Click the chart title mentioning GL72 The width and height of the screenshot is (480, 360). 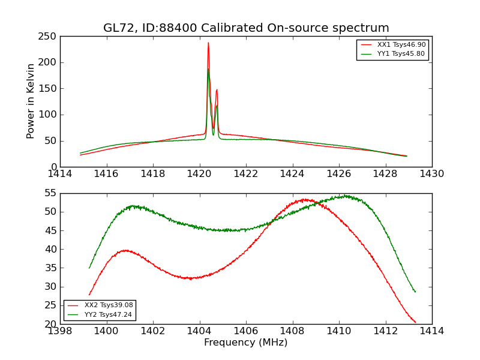(246, 28)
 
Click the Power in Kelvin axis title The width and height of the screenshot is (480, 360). (31, 101)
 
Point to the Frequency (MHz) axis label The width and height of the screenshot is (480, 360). (246, 343)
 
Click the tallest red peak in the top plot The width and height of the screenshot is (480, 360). (208, 43)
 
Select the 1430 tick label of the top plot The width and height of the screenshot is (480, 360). (432, 174)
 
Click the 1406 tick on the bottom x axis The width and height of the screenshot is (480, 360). (246, 331)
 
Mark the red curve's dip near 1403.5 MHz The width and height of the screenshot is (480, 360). (190, 278)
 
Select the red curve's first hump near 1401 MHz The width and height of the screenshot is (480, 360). (126, 250)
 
